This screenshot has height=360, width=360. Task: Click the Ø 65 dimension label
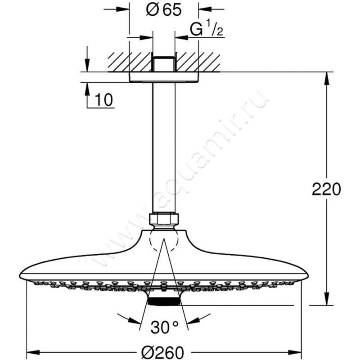(x=164, y=10)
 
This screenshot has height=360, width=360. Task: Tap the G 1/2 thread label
(x=206, y=28)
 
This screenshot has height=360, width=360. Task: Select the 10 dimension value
(x=104, y=99)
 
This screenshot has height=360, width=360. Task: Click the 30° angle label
(x=165, y=327)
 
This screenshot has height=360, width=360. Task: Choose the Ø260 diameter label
(x=162, y=352)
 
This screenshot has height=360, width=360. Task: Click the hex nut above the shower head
(x=164, y=219)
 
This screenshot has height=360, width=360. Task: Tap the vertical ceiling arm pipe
(x=164, y=148)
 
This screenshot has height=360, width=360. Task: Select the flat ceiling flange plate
(x=164, y=77)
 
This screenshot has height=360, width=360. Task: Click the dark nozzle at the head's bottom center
(x=164, y=301)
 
